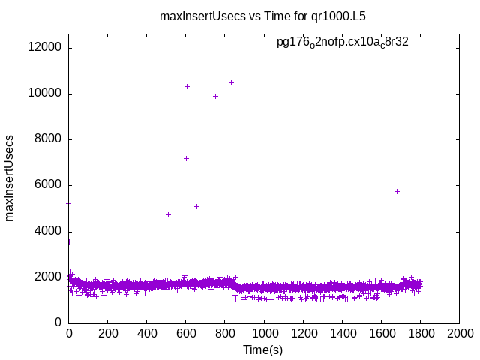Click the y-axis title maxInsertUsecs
tap(10, 178)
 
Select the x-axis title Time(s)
tap(263, 349)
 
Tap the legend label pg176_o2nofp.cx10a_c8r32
tap(343, 43)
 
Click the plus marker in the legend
tap(431, 43)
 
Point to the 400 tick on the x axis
tap(147, 332)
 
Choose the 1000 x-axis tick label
tap(264, 332)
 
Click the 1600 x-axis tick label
tap(381, 332)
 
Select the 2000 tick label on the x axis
tap(459, 332)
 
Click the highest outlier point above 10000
tap(231, 82)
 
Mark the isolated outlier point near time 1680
tap(397, 191)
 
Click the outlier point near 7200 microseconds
tap(186, 158)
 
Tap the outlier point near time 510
tap(168, 214)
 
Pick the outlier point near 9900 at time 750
tap(215, 96)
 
